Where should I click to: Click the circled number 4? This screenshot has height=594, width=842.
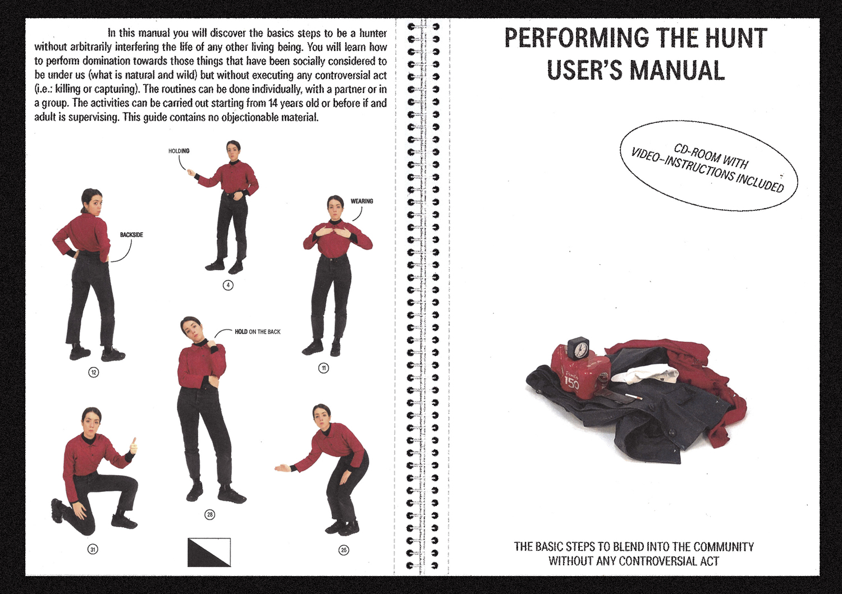(228, 285)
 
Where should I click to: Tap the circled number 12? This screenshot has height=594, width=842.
(94, 372)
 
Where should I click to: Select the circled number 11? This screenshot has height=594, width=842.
(324, 368)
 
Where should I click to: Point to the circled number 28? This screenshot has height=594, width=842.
(210, 514)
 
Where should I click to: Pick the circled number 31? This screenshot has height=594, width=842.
(93, 549)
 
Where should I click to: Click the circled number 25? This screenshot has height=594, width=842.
(344, 550)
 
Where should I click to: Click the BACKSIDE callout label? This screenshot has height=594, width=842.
(131, 235)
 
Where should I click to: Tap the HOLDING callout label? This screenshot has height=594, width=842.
(179, 151)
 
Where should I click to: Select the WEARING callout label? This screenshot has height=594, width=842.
(362, 201)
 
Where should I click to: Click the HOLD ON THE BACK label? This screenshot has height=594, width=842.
(258, 331)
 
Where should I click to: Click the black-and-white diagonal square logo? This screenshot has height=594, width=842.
(209, 552)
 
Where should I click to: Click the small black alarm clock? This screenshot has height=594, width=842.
(579, 348)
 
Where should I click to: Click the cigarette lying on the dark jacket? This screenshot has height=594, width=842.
(634, 397)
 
